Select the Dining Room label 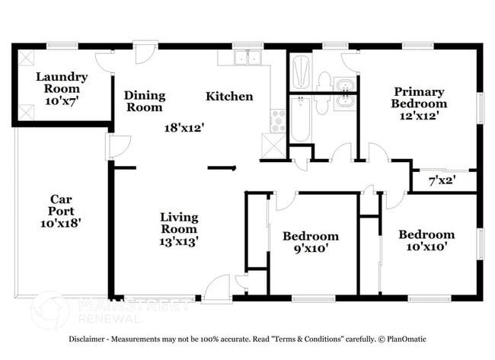(x=145, y=102)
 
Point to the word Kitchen (x=229, y=97)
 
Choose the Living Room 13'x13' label (x=179, y=229)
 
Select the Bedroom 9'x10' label (x=310, y=242)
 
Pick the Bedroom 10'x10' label (x=426, y=240)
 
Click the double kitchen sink (x=247, y=58)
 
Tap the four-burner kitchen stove (x=278, y=120)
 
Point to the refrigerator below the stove (x=272, y=144)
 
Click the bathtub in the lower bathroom (x=299, y=119)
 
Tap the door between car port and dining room (x=117, y=146)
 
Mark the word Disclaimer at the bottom (x=92, y=339)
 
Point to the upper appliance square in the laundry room (x=26, y=59)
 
